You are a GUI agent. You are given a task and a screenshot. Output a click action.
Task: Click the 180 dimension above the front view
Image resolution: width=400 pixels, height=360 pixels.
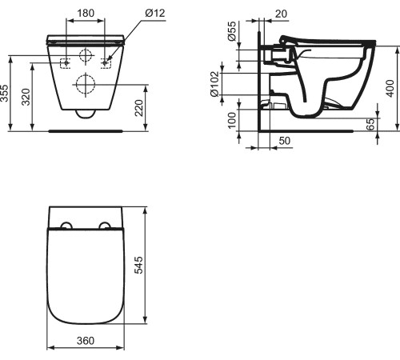(87, 14)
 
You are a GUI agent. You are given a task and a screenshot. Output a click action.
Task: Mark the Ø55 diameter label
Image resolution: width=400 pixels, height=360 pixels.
(232, 34)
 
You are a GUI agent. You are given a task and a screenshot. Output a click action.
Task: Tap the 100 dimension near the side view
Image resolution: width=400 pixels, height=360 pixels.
(232, 119)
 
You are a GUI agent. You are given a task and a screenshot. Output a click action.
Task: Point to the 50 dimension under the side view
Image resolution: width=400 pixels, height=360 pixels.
(283, 141)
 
